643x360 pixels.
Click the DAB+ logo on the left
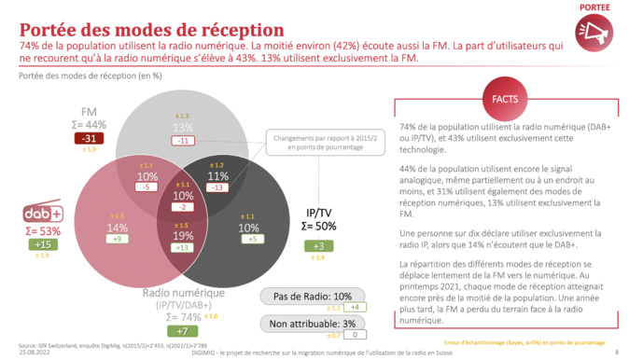click(42, 214)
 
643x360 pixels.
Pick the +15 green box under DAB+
click(42, 244)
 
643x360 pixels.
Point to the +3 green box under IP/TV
click(317, 245)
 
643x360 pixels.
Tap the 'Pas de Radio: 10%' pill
click(314, 296)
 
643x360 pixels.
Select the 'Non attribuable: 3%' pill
click(314, 324)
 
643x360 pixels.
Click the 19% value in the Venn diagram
click(183, 236)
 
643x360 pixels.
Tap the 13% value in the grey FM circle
click(183, 127)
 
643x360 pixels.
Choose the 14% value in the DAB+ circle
click(118, 228)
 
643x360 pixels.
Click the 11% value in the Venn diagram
click(218, 175)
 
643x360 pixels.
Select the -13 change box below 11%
click(218, 187)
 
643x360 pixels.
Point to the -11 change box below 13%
click(183, 140)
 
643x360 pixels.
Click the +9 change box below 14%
click(118, 239)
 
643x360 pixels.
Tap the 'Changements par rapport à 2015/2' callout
click(318, 144)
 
